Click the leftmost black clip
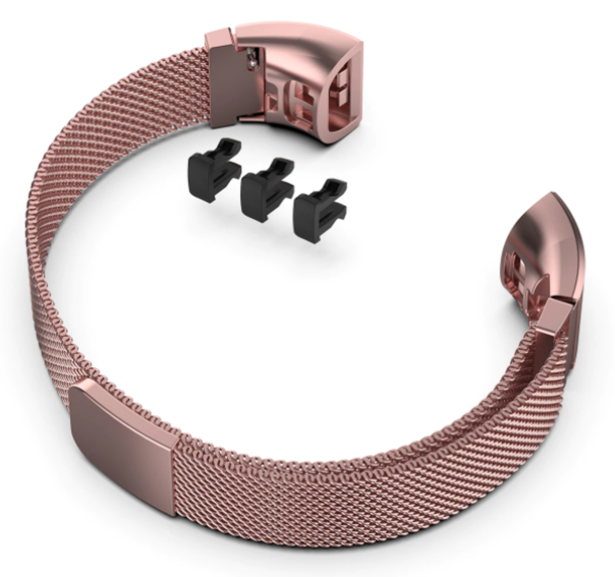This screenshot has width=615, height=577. [x=211, y=171]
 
